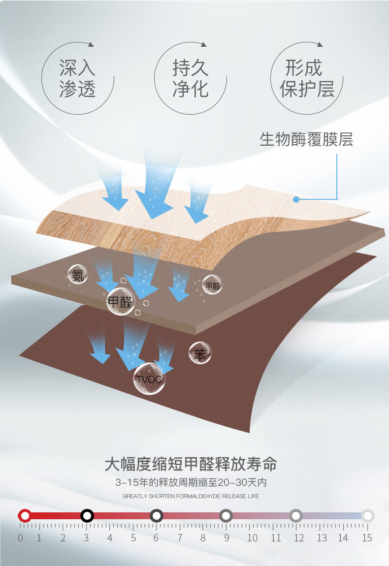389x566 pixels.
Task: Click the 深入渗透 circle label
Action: coord(77,79)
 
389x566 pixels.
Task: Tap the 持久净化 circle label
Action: coord(190,79)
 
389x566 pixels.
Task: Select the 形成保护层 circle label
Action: coord(307,79)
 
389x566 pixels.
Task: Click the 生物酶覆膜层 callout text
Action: coord(306,139)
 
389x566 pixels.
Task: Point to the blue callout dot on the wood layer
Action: coord(296,199)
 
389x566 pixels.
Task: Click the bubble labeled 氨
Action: coord(78,275)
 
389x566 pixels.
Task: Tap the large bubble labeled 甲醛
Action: coord(120,301)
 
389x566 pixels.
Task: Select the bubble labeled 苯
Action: coord(200,353)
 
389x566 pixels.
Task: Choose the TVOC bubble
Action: coord(149,379)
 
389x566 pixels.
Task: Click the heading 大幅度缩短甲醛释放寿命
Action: coord(191,464)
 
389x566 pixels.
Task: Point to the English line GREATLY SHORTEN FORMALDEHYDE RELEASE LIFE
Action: coord(191,496)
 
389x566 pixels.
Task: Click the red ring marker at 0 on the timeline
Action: coord(25,516)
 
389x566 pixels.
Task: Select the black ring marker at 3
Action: coord(87,516)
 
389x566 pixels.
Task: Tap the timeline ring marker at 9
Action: coord(226,516)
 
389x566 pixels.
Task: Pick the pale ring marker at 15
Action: coord(367,516)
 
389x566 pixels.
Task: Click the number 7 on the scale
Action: coord(180,538)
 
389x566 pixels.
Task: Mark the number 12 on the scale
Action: coord(298,538)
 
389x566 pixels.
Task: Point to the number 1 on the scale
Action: coord(39,538)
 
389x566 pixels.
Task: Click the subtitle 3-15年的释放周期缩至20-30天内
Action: coord(191,482)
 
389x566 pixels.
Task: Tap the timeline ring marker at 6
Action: coord(157,516)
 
